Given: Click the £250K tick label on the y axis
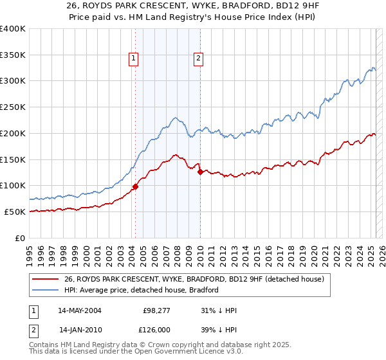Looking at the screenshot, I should tap(13, 107).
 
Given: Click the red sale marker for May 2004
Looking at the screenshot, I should tap(135, 186).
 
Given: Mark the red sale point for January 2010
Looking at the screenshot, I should tap(200, 172).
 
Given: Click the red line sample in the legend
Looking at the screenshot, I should tap(46, 279).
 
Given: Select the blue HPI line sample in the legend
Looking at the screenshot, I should tap(46, 290).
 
